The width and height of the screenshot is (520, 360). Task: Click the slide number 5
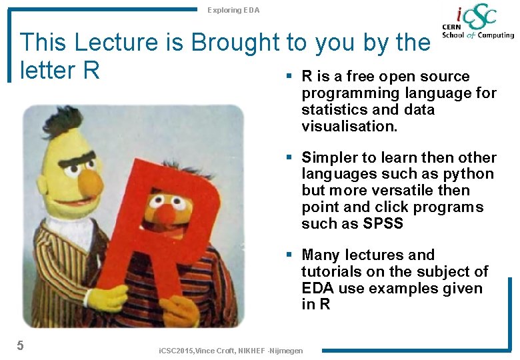coord(21,345)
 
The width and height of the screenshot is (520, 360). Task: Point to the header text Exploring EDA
coord(233,10)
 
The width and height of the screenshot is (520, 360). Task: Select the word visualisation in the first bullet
coord(349,126)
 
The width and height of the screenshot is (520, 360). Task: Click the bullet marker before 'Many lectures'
coord(289,255)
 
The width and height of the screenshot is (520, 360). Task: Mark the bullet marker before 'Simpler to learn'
coord(289,157)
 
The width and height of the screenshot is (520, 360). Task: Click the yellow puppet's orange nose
coord(89,181)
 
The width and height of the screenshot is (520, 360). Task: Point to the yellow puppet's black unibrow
coord(80,159)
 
